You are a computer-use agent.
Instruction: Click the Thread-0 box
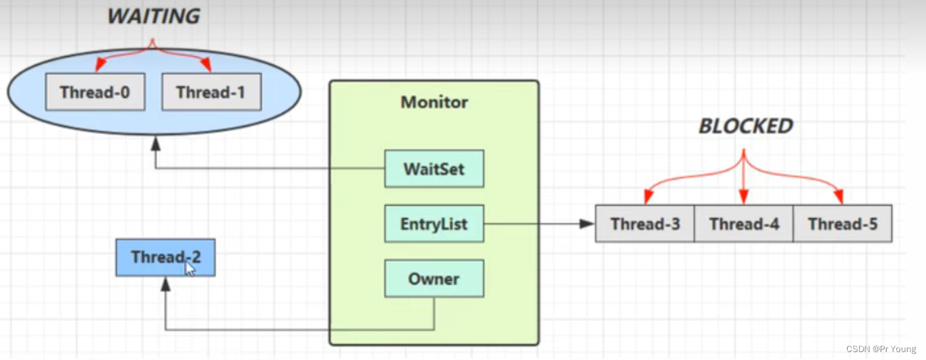pos(95,92)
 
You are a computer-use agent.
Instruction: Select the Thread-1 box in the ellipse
pos(211,92)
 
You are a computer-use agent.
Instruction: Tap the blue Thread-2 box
pos(165,257)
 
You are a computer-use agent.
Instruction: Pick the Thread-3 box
pos(645,224)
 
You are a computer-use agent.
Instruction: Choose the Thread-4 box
pos(744,224)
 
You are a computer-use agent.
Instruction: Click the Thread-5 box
pos(842,224)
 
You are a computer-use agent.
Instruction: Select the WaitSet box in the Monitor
pos(434,169)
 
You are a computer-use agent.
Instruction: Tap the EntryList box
pos(434,224)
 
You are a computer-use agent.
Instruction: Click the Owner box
pos(434,278)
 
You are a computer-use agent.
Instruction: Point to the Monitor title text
pos(434,103)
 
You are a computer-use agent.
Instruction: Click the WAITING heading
pos(153,16)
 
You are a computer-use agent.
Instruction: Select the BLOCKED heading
pos(746,126)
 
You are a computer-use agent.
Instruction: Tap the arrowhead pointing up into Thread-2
pos(165,284)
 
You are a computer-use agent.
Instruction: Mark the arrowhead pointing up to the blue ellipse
pos(156,143)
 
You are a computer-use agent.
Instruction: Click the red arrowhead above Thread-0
pos(99,65)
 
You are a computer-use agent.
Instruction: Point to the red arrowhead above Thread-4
pos(744,197)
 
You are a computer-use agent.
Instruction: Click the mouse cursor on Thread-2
pos(190,269)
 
